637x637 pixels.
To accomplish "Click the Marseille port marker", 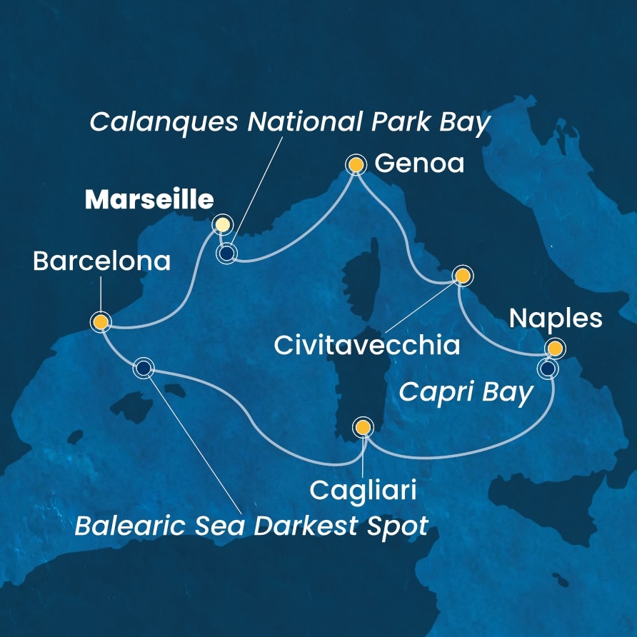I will coord(222,224).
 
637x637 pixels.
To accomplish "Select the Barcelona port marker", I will coord(101,322).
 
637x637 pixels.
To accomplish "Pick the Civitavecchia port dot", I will coord(462,275).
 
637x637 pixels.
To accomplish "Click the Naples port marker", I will coord(554,348).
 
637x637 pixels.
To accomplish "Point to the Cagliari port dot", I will coord(363,427).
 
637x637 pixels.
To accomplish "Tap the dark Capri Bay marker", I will coord(547,368).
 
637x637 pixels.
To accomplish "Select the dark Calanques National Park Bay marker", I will coord(227,253).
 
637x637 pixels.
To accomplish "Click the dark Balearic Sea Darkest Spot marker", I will coord(144,368).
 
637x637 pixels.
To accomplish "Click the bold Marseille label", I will coord(149,201).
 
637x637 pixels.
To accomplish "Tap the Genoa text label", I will coord(419,164).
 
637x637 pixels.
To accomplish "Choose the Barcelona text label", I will coord(102,261).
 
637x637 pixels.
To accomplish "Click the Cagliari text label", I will coord(363,491).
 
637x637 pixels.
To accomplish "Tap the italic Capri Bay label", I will coord(466,392).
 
